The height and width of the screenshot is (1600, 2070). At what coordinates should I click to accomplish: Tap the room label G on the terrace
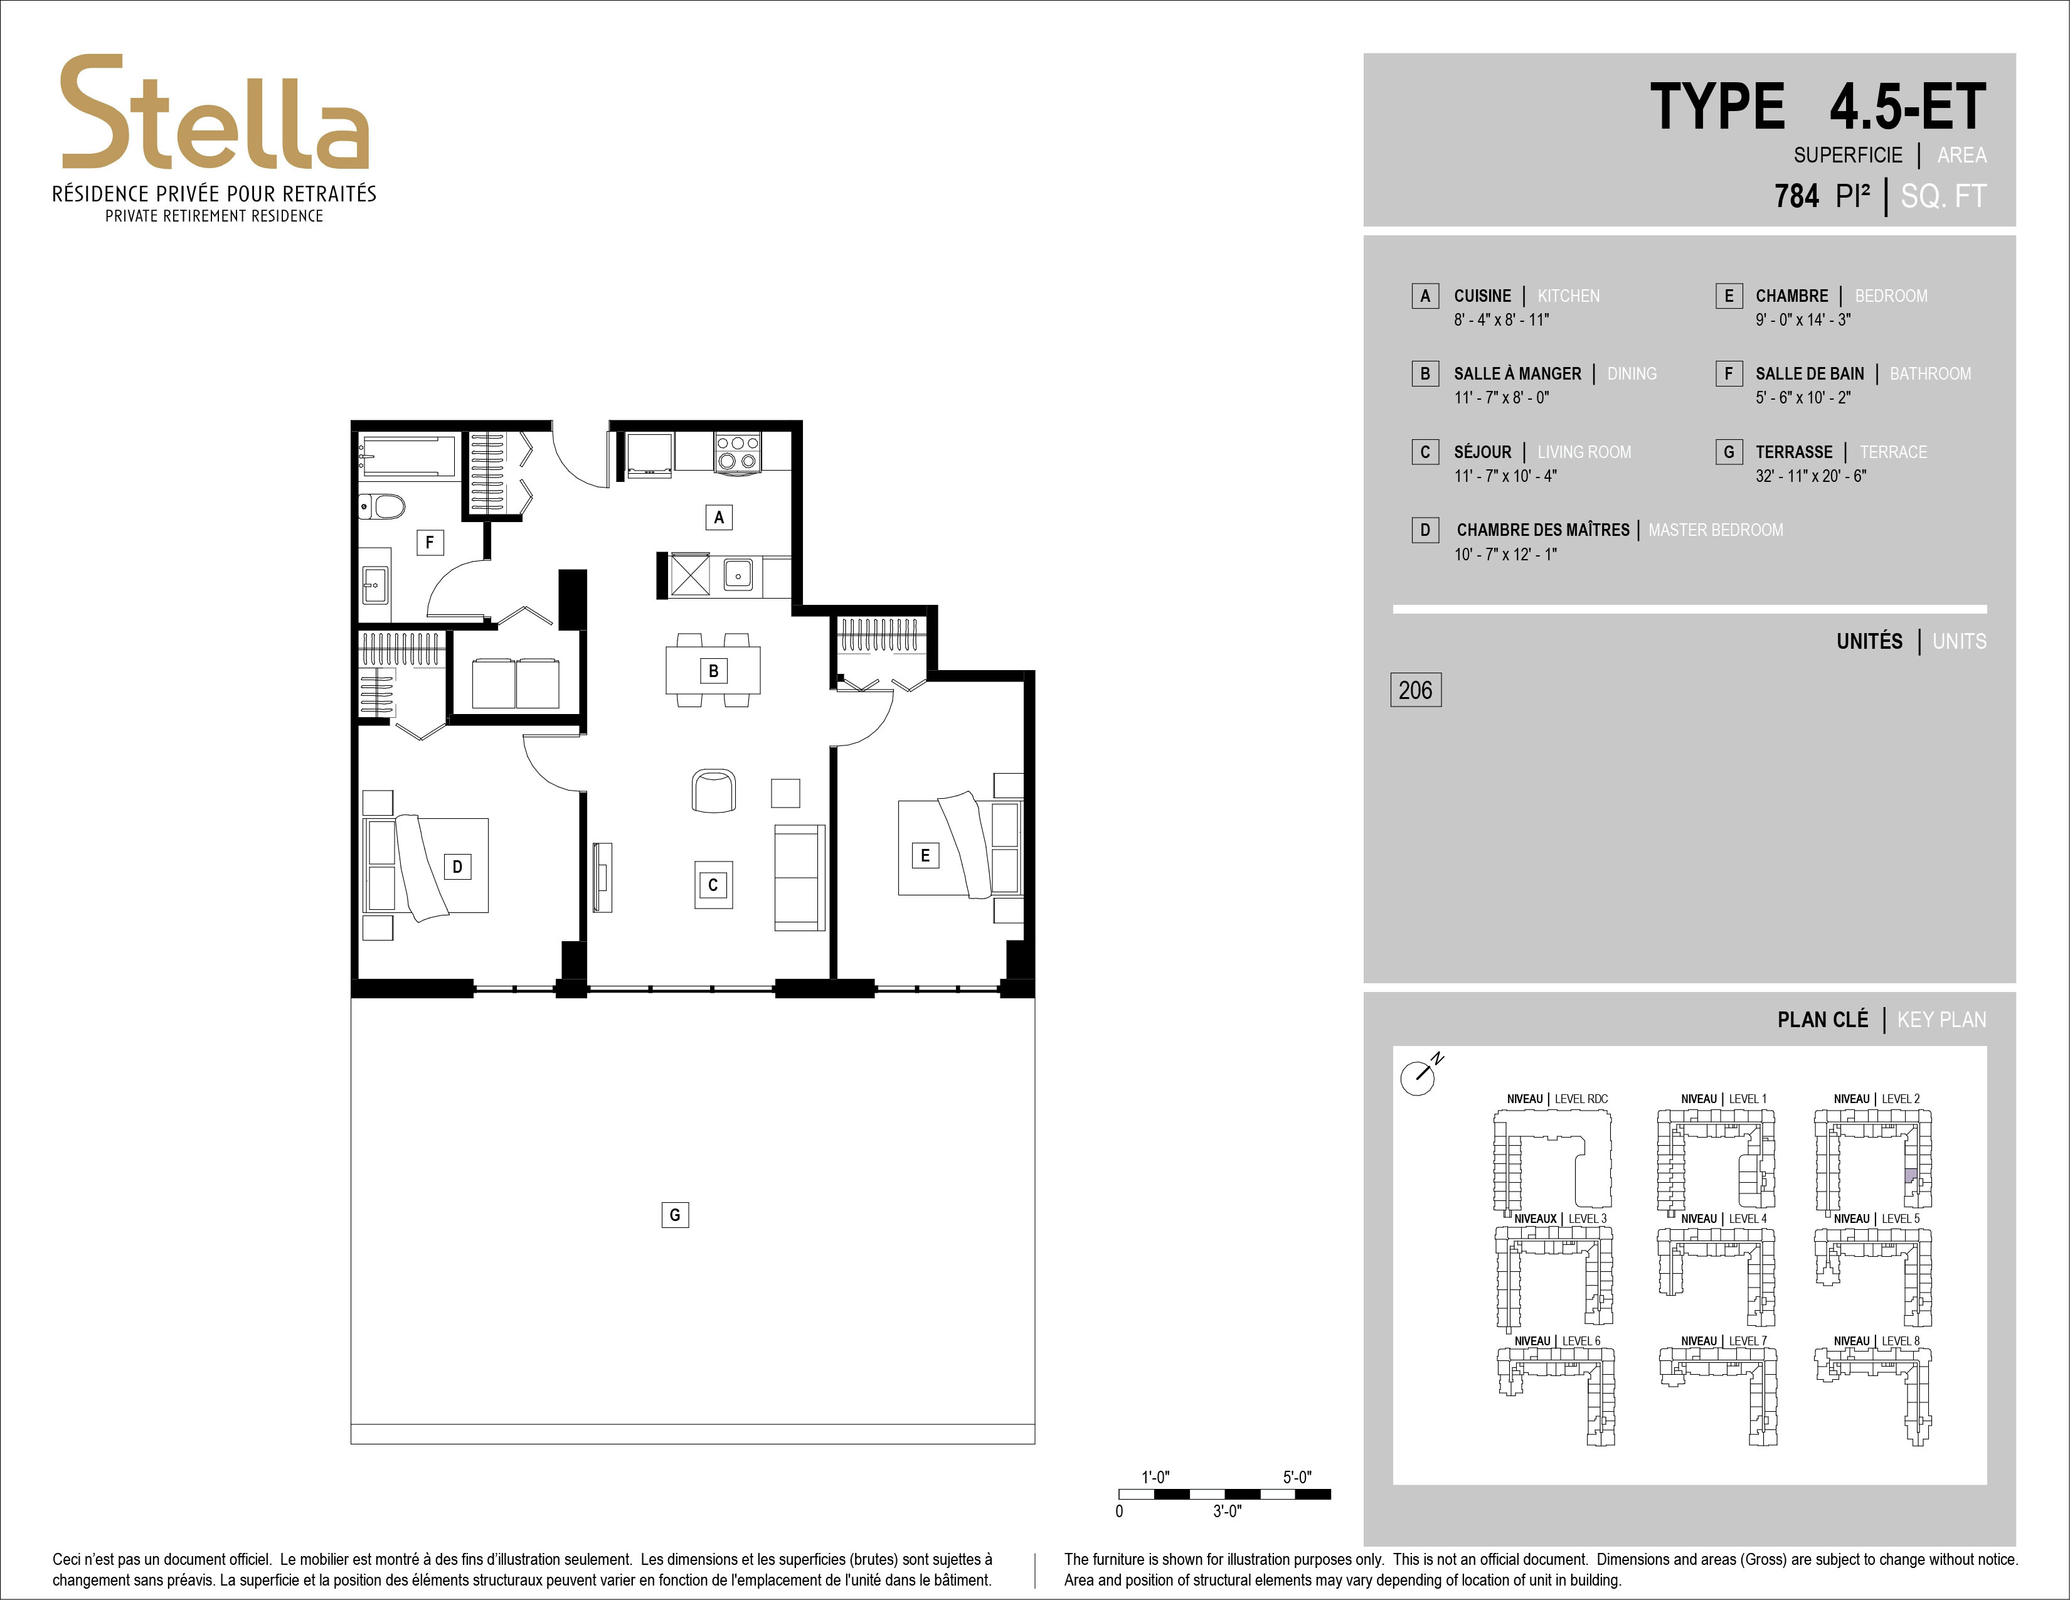675,1214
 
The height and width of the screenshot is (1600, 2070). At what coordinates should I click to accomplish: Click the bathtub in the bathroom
408,455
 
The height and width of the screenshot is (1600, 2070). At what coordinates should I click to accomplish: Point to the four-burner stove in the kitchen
738,452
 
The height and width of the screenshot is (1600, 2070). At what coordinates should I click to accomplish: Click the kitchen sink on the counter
738,574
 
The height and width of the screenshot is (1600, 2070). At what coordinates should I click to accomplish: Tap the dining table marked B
713,670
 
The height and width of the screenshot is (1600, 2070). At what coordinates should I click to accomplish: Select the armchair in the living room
714,789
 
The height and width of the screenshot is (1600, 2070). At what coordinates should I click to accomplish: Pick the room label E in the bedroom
925,855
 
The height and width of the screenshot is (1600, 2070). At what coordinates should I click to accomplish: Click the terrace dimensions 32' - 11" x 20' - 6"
1810,476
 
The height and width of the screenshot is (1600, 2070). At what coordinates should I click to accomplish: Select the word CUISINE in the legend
1482,296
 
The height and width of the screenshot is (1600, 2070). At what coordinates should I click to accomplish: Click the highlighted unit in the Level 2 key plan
1911,1176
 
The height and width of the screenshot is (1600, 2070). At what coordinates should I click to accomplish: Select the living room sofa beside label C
799,878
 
